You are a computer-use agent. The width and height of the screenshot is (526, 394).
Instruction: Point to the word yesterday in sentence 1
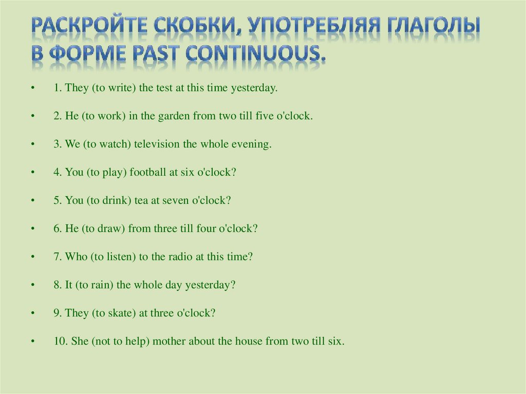tap(254, 88)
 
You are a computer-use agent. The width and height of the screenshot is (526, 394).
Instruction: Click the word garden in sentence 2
tap(175, 116)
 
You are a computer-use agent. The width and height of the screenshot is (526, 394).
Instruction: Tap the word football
tap(148, 173)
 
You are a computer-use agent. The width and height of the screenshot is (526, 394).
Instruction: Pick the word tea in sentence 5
tap(141, 200)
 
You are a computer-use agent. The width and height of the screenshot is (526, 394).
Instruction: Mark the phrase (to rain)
tap(95, 285)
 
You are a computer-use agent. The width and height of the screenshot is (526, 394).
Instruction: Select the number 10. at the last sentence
tap(59, 341)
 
